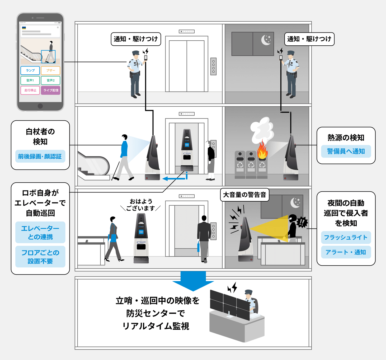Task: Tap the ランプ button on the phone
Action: pyautogui.click(x=30, y=70)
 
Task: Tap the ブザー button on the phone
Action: pyautogui.click(x=51, y=70)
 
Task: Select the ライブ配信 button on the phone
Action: pyautogui.click(x=51, y=90)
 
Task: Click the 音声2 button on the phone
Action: pyautogui.click(x=51, y=80)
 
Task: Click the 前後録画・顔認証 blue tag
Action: pyautogui.click(x=40, y=156)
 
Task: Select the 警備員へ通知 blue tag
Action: pyautogui.click(x=346, y=151)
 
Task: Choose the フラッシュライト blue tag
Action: pyautogui.click(x=346, y=237)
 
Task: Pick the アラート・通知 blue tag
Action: pyautogui.click(x=346, y=252)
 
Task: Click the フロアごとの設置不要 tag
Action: pyautogui.click(x=40, y=257)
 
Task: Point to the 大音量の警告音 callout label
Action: pyautogui.click(x=244, y=195)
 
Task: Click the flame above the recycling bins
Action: pyautogui.click(x=262, y=150)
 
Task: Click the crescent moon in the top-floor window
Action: pyautogui.click(x=266, y=40)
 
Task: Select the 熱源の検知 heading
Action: pyautogui.click(x=346, y=138)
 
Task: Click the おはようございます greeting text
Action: pyautogui.click(x=140, y=205)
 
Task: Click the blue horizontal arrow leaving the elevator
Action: pyautogui.click(x=174, y=179)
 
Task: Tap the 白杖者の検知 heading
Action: pyautogui.click(x=40, y=136)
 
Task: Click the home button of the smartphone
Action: pyautogui.click(x=40, y=106)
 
